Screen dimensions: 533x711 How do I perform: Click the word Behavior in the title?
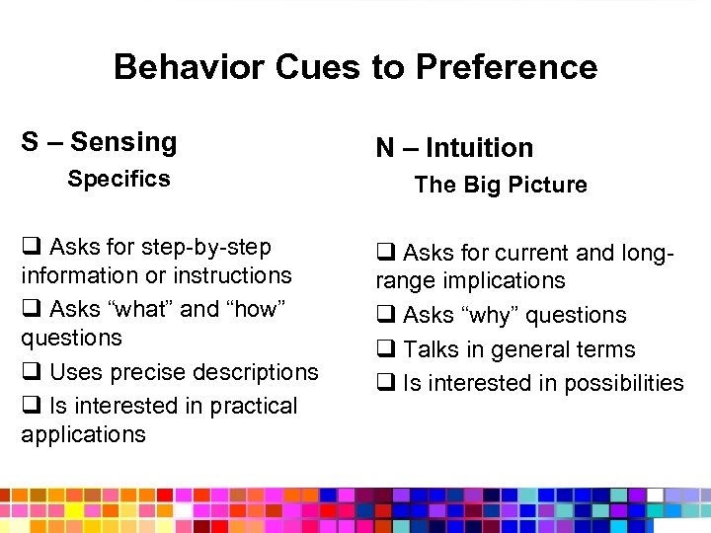pos(184,67)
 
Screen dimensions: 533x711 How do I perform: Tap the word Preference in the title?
pos(507,67)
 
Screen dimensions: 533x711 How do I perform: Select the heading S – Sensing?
pos(99,142)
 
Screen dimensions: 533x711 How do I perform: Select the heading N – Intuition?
pos(453,148)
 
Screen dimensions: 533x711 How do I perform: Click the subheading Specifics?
pos(118,179)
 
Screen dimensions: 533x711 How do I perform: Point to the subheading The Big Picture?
pos(500,185)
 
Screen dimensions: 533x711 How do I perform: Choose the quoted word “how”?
pos(255,309)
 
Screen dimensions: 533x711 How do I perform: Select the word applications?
pos(83,434)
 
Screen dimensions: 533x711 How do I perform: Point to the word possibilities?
pos(622,383)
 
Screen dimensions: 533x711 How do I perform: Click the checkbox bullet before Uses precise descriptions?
pos(30,372)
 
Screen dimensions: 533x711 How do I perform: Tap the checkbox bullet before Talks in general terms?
pos(384,349)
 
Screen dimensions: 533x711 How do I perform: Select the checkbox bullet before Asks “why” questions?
pos(384,315)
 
